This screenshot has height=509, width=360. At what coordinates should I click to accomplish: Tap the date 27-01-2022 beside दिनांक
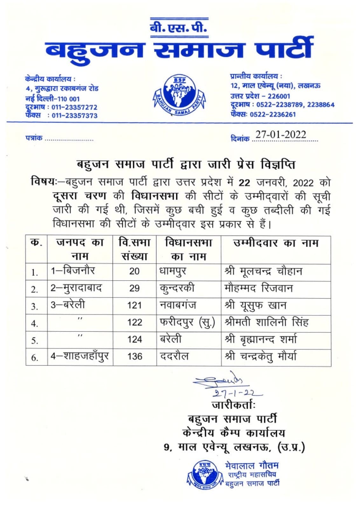pos(280,135)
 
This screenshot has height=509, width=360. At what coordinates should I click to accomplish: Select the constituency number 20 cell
pos(134,271)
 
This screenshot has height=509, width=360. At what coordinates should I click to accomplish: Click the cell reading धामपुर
pos(173,271)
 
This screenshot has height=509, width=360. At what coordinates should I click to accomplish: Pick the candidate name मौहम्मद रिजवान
pos(258,288)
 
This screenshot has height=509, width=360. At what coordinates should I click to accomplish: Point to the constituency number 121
pos(134,305)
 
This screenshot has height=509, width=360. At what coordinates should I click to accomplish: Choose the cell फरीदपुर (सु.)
pos(187,322)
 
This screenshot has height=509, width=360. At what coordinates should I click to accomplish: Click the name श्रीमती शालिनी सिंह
pos(266,322)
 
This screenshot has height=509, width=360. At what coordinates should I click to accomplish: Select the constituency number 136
pos(135,356)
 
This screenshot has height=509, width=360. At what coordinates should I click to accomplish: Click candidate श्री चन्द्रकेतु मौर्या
pos(260,356)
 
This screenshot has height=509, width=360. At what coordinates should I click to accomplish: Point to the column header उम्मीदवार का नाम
pos(275,243)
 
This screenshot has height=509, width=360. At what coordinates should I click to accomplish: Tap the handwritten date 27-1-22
pos(237,393)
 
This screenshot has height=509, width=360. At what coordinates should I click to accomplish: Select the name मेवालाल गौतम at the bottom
pos(252,465)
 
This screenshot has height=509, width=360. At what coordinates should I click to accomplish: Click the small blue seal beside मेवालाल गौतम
pos(204,474)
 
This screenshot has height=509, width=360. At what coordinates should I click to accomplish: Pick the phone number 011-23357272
pos(74,107)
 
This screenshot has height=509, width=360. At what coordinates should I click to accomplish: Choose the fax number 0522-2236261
pos(273,114)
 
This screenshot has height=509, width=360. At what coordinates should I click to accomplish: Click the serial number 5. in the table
pos(35,341)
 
